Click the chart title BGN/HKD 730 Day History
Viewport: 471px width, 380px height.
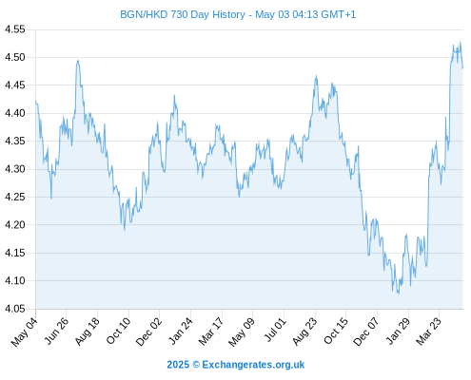click(183, 14)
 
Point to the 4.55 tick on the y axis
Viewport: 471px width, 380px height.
click(15, 29)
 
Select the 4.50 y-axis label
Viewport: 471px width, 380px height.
click(15, 57)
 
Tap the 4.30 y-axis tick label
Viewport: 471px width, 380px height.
click(15, 169)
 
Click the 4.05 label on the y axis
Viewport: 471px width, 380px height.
click(15, 309)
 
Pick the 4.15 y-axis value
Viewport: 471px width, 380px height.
click(15, 253)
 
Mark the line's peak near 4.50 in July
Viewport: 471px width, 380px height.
click(78, 61)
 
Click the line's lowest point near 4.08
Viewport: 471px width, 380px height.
click(399, 294)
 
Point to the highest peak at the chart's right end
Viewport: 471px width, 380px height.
click(460, 41)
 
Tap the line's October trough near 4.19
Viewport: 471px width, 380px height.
click(125, 231)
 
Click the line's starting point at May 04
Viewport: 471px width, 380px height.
click(35, 101)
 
